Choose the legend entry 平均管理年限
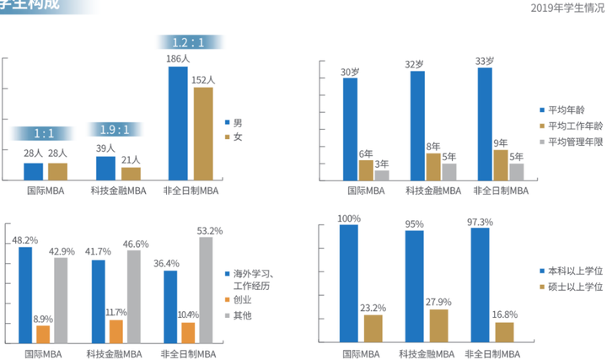574,142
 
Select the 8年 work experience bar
432,167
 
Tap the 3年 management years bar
382,175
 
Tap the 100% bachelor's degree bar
348,283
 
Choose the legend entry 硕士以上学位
574,288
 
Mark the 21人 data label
130,160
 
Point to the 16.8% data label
504,314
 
